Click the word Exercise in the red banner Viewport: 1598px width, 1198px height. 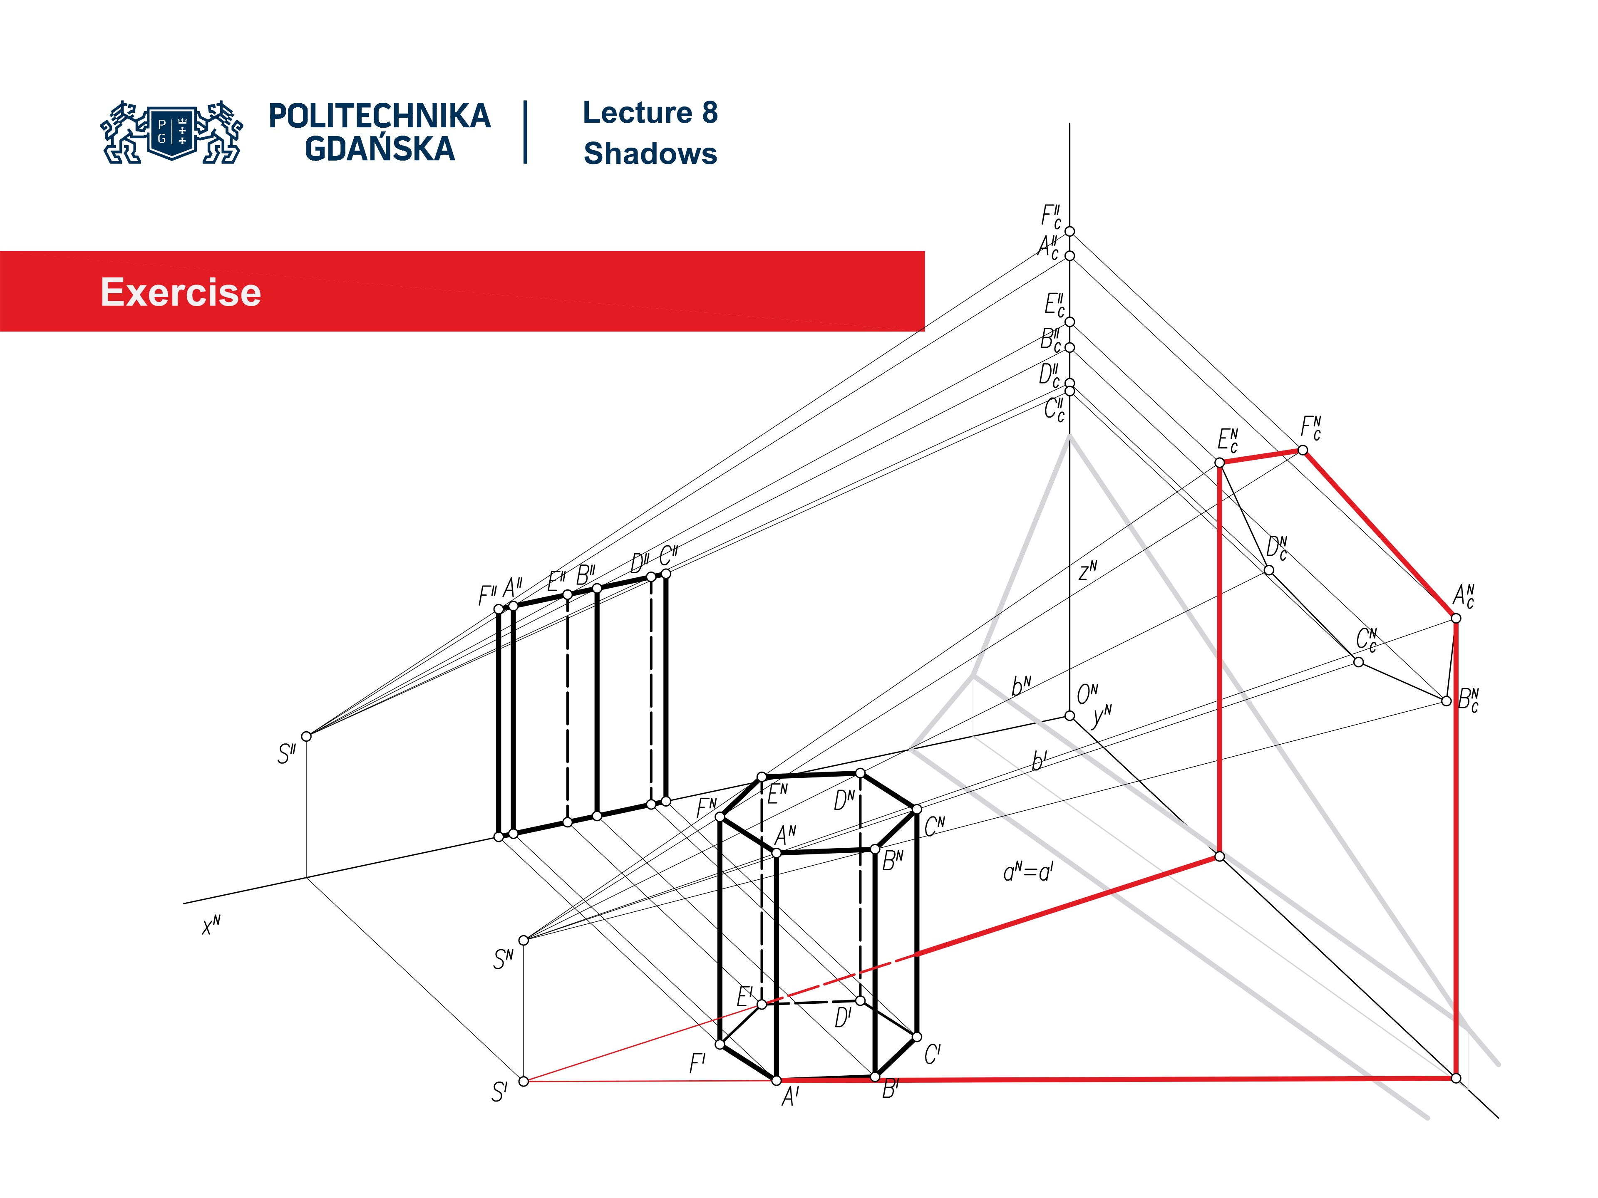[181, 292]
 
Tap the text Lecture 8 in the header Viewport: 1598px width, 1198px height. [650, 113]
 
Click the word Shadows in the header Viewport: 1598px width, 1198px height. [650, 154]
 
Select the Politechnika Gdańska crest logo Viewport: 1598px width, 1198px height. [172, 132]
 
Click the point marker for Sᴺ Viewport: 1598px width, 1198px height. [524, 940]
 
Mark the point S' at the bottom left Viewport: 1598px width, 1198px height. [524, 1081]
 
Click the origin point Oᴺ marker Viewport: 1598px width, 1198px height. [1069, 715]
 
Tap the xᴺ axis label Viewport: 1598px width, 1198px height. [211, 925]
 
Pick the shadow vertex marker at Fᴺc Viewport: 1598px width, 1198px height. [1303, 450]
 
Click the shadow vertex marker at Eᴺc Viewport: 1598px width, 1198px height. [1219, 462]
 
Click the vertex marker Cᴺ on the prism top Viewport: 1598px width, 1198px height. [917, 809]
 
